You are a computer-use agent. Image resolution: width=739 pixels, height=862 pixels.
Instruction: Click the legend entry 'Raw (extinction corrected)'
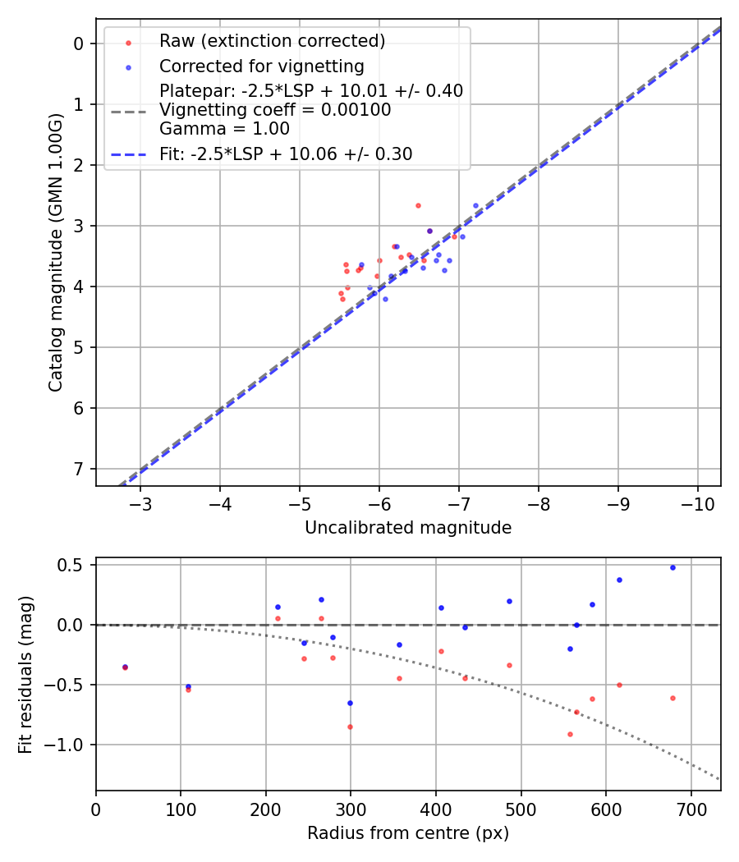(272, 41)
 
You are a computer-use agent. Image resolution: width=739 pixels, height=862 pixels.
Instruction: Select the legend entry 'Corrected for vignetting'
(261, 66)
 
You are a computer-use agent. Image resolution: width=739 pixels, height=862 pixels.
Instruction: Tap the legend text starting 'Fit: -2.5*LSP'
(286, 154)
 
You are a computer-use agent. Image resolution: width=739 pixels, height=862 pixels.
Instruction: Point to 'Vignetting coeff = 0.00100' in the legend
(275, 110)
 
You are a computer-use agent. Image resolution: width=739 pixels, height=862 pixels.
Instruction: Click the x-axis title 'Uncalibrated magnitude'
(408, 528)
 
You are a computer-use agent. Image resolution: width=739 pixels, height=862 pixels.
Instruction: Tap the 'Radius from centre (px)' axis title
(408, 833)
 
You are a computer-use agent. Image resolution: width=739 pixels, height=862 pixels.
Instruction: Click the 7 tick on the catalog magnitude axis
(80, 469)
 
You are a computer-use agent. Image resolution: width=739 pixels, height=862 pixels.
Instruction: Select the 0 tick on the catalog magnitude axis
(80, 44)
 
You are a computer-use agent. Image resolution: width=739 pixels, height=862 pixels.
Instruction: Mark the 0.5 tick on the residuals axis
(75, 565)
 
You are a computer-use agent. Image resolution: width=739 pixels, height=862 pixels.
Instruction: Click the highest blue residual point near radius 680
(672, 567)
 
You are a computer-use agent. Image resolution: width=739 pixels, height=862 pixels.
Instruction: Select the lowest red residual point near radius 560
(570, 734)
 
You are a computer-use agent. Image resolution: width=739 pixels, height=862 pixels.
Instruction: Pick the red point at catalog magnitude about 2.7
(418, 205)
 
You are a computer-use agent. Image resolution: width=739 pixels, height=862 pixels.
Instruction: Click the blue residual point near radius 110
(188, 686)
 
